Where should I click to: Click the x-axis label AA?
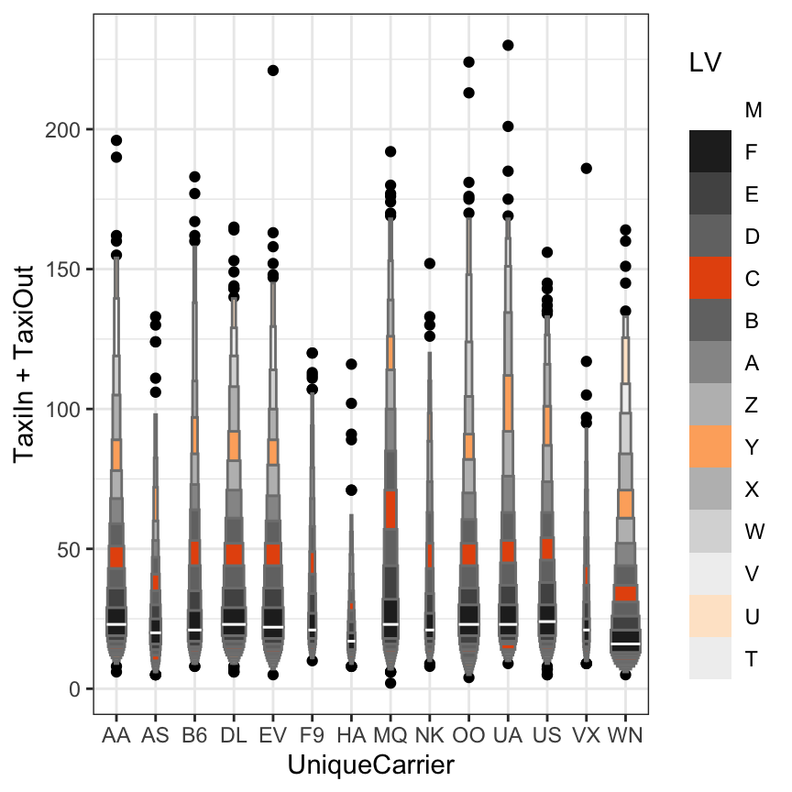(x=116, y=736)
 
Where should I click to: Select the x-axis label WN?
(x=625, y=736)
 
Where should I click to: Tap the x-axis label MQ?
(x=390, y=736)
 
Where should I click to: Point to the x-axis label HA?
(x=351, y=736)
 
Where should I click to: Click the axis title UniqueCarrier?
(x=371, y=764)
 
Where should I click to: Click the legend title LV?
(x=705, y=63)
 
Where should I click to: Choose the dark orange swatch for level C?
(x=710, y=278)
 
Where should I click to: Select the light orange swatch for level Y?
(x=710, y=446)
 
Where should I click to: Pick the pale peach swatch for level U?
(x=710, y=615)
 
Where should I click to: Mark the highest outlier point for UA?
(x=508, y=45)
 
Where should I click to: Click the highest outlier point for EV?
(x=273, y=71)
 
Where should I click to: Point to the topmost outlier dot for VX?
(x=587, y=169)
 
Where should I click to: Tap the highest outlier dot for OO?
(x=468, y=62)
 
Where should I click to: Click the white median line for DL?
(x=234, y=624)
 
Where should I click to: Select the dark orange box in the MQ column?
(x=390, y=509)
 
